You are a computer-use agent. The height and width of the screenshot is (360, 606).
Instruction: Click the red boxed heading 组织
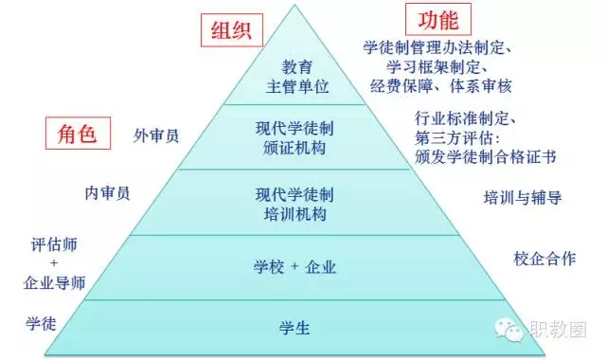[x=232, y=30]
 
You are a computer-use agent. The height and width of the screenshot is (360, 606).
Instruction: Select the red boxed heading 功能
[x=438, y=19]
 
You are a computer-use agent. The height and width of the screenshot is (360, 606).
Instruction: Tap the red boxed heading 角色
[x=78, y=134]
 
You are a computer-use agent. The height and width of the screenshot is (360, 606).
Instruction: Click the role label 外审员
[x=156, y=135]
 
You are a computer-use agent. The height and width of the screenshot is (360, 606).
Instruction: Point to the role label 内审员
[x=107, y=193]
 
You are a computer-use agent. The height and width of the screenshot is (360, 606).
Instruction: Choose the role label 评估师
[x=54, y=244]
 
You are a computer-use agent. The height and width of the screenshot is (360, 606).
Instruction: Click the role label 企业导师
[x=54, y=282]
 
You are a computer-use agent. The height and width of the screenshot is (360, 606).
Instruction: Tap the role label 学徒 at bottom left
[x=41, y=323]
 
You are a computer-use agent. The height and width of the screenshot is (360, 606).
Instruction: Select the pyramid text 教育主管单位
[x=297, y=77]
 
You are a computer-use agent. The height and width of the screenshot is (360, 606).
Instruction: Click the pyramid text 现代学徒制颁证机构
[x=294, y=138]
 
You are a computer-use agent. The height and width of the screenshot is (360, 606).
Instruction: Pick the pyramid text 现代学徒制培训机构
[x=294, y=205]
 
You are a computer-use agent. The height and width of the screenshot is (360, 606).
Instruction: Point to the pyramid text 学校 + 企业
[x=294, y=267]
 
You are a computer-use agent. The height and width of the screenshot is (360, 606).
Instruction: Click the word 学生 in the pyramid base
[x=294, y=329]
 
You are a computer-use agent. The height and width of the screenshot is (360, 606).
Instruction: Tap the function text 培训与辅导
[x=523, y=198]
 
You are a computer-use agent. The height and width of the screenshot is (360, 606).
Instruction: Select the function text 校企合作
[x=545, y=259]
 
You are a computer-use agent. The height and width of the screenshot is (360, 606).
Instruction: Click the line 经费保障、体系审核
[x=440, y=86]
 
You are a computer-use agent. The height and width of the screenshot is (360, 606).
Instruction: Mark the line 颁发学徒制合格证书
[x=486, y=157]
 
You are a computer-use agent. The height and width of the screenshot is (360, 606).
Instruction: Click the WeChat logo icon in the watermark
[x=508, y=330]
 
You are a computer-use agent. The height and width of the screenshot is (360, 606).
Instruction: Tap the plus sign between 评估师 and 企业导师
[x=54, y=263]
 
